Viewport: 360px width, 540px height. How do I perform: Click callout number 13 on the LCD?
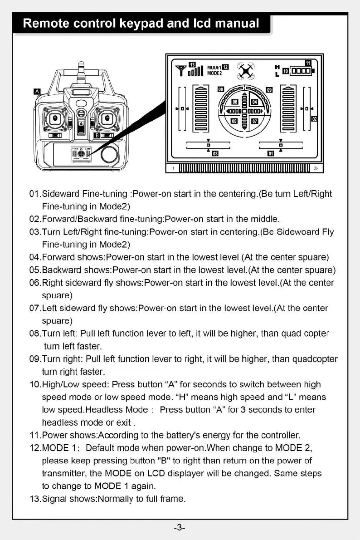192,64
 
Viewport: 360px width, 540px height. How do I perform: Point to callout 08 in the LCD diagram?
221,89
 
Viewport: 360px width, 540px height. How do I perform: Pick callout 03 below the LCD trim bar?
215,153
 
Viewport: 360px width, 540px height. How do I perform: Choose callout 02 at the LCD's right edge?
314,119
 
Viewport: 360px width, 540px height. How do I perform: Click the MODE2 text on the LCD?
214,73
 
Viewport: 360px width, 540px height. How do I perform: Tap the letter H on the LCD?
277,66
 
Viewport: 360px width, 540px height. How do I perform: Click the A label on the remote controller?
38,92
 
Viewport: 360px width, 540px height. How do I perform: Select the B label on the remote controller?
97,135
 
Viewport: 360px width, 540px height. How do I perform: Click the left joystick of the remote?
56,118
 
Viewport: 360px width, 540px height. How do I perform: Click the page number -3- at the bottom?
180,528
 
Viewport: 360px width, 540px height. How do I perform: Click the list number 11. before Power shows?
34,436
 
